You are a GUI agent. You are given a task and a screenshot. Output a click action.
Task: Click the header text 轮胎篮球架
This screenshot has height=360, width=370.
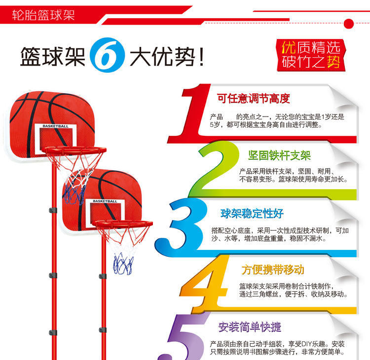[x=43, y=15]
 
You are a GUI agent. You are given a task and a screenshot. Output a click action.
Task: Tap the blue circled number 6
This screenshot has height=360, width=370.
[x=103, y=57]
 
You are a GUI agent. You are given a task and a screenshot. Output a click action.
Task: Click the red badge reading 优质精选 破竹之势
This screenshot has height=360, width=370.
[x=311, y=55]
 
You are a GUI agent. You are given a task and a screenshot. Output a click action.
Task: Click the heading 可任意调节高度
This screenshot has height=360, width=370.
[x=254, y=98]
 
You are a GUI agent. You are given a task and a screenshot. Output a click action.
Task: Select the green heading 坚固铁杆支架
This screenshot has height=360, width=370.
[x=279, y=156]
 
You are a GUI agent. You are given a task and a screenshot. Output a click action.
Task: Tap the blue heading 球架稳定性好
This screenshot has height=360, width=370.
[x=252, y=213]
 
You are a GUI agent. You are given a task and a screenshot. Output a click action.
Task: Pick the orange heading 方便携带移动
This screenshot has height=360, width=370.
[x=273, y=270]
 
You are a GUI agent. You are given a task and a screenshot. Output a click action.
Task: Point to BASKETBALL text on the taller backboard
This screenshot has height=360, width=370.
[x=56, y=126]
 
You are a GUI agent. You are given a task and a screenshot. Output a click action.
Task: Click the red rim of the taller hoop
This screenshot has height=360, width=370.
[x=74, y=150]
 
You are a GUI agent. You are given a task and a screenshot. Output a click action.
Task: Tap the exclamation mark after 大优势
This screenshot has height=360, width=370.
[x=200, y=58]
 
